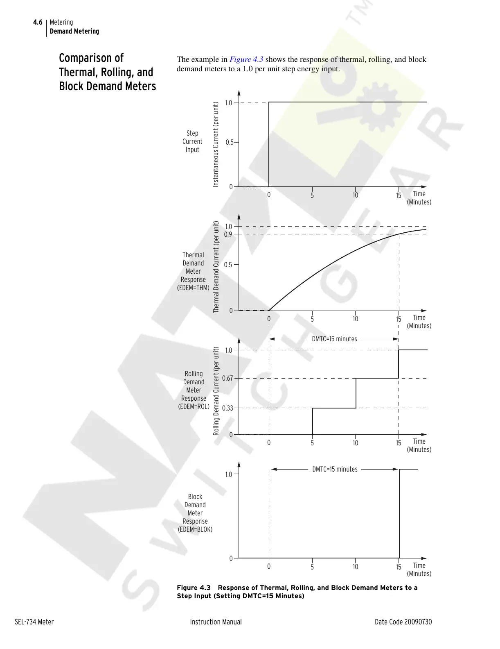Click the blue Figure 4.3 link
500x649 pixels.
[246, 59]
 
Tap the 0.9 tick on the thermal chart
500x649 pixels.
[228, 234]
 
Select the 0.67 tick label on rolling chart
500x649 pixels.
[227, 378]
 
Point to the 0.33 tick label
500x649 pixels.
[227, 408]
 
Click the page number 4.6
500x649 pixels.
[38, 22]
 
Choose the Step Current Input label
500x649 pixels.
[192, 141]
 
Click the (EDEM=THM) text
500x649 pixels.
[193, 288]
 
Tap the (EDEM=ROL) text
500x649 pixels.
[194, 406]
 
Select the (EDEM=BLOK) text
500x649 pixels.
[195, 529]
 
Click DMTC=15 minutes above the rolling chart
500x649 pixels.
[334, 339]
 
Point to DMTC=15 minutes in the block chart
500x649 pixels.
[335, 469]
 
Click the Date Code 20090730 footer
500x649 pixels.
[403, 622]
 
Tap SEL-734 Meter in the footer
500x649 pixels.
[34, 622]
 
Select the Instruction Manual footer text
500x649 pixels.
[216, 622]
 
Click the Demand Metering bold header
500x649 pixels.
[74, 31]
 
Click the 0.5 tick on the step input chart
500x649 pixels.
[229, 142]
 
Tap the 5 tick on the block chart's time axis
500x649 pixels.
[312, 567]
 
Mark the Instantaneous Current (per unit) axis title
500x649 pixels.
[216, 145]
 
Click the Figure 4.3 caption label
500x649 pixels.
[194, 588]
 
